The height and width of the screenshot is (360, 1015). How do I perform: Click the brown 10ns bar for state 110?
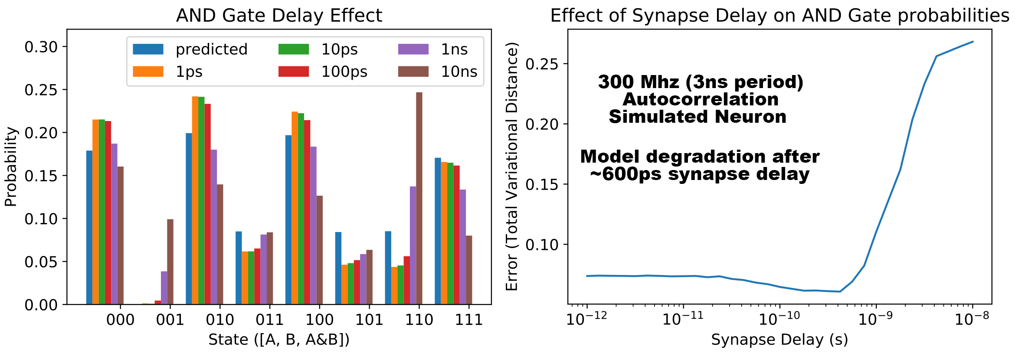tap(419, 198)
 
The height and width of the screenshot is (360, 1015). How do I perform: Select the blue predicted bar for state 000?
tap(89, 227)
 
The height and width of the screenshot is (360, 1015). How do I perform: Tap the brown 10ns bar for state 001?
tap(170, 262)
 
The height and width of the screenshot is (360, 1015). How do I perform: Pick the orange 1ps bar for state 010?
tap(195, 200)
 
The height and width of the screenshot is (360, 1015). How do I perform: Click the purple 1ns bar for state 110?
tap(413, 245)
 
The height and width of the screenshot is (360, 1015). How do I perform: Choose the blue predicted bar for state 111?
tap(438, 231)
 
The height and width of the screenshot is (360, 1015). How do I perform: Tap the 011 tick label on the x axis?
tap(269, 320)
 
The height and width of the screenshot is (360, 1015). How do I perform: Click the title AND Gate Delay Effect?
tap(279, 16)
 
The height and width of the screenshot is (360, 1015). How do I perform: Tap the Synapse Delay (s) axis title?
tap(779, 340)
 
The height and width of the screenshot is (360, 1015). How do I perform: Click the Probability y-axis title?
tap(10, 167)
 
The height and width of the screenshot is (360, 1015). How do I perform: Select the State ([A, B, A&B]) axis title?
tap(279, 340)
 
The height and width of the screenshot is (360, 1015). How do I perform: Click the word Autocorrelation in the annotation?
tap(701, 99)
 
